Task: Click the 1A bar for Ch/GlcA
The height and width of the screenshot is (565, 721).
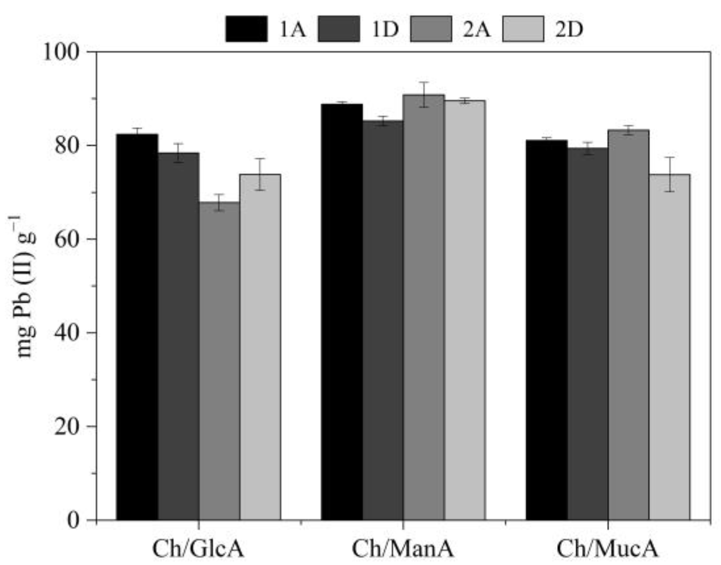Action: pyautogui.click(x=137, y=327)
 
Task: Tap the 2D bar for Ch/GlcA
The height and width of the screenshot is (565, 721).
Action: pyautogui.click(x=260, y=347)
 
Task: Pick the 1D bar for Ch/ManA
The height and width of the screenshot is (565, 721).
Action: pyautogui.click(x=383, y=320)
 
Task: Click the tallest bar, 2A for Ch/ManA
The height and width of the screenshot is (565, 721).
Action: pyautogui.click(x=424, y=307)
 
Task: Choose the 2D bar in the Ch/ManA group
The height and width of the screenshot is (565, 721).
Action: pyautogui.click(x=465, y=310)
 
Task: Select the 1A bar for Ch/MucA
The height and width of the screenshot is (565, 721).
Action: pyautogui.click(x=547, y=330)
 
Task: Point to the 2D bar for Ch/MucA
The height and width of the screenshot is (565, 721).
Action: pyautogui.click(x=669, y=347)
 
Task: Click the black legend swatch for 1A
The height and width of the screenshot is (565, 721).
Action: pyautogui.click(x=246, y=29)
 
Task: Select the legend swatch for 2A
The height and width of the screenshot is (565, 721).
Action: pyautogui.click(x=431, y=29)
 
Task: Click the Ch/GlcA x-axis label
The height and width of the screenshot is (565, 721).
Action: pyautogui.click(x=198, y=549)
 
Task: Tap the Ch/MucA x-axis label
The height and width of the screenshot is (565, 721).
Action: pyautogui.click(x=607, y=549)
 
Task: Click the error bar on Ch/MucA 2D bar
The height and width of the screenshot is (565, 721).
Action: pyautogui.click(x=669, y=174)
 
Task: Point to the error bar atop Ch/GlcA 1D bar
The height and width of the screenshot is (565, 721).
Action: pyautogui.click(x=178, y=153)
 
